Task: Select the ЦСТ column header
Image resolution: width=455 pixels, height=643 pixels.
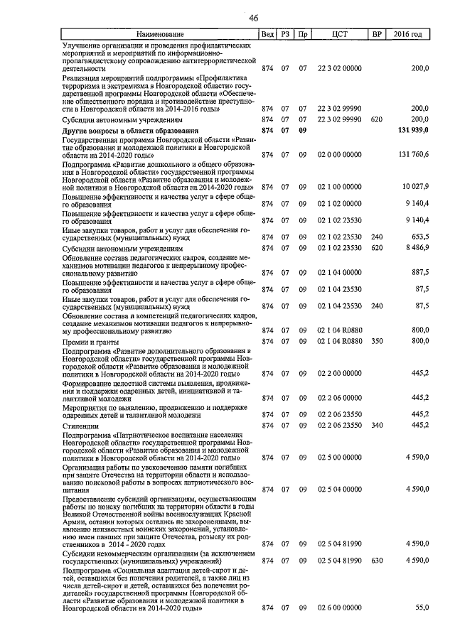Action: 339,34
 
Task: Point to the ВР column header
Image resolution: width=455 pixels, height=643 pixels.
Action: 376,34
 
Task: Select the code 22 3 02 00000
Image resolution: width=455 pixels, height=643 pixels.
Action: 339,68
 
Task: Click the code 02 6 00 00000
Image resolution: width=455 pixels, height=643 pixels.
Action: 339,608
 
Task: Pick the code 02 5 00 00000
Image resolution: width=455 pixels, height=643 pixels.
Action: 339,458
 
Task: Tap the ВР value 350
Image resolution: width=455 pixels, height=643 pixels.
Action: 376,342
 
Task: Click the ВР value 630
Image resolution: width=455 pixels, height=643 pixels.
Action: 376,561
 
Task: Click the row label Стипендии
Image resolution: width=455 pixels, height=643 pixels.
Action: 81,426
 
